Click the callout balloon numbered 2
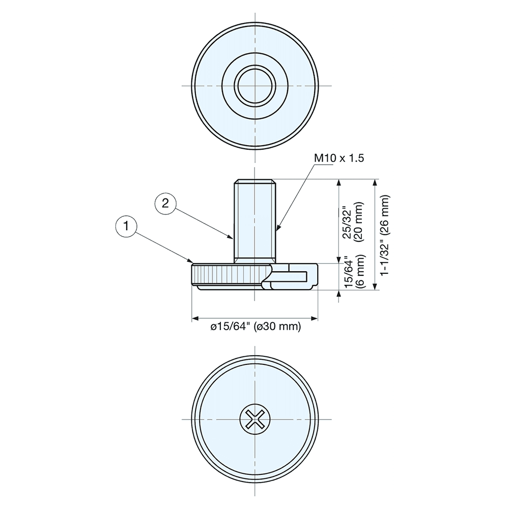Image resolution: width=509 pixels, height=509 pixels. coord(164,204)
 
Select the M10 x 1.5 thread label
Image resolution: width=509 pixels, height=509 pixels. coord(338,158)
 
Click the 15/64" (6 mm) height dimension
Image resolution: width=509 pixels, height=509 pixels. coord(352,273)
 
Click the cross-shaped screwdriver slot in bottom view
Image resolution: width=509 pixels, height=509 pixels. coord(254,419)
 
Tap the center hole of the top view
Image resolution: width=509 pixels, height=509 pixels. coord(254,86)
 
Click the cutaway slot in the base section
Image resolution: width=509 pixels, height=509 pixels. coord(290,275)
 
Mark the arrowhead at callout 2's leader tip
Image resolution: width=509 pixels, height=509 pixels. coord(232,238)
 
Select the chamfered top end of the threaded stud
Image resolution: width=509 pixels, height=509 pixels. coord(254,181)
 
